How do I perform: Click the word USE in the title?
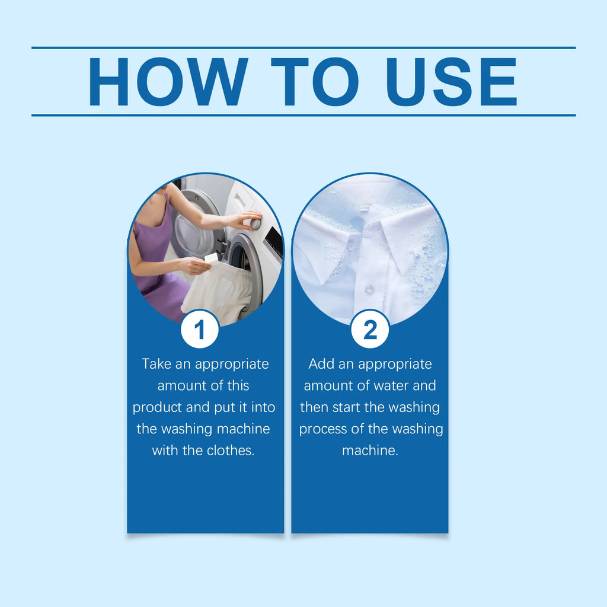(452, 82)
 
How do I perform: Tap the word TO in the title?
(315, 82)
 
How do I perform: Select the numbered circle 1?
(200, 329)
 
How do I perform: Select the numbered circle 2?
(370, 329)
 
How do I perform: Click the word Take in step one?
(156, 364)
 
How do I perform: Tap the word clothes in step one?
(231, 451)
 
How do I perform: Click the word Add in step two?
(321, 364)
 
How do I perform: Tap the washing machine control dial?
(255, 223)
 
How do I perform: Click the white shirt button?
(370, 289)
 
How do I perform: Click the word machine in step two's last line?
(370, 451)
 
